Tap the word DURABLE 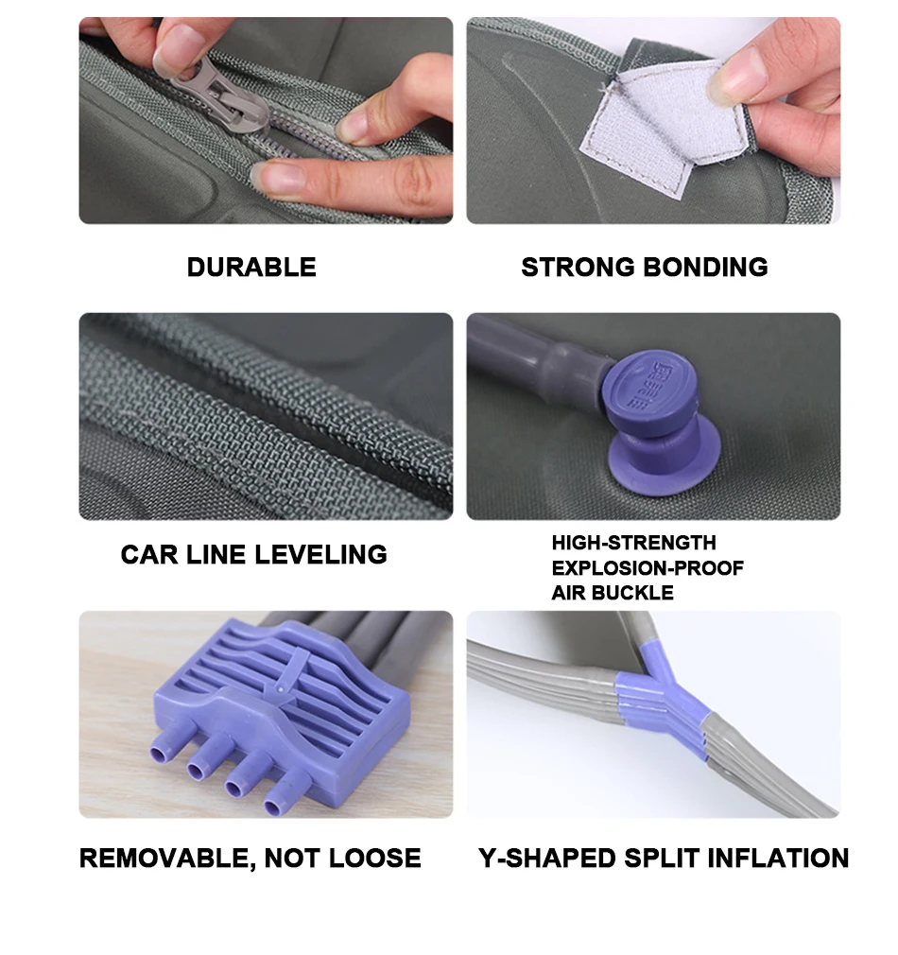pyautogui.click(x=251, y=268)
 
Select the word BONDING pyautogui.click(x=705, y=268)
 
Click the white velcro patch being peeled pyautogui.click(x=664, y=130)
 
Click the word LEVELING pyautogui.click(x=320, y=555)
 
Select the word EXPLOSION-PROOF pyautogui.click(x=648, y=568)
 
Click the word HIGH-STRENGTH pyautogui.click(x=633, y=543)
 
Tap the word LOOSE pyautogui.click(x=374, y=859)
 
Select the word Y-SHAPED pyautogui.click(x=547, y=859)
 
